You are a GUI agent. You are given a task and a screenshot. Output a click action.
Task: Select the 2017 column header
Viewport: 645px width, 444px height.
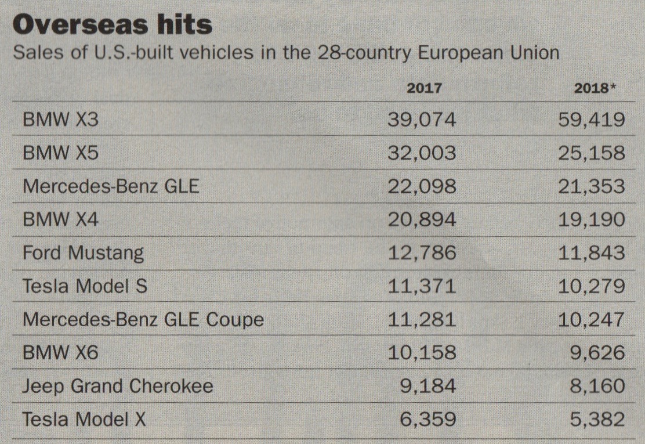click(x=424, y=88)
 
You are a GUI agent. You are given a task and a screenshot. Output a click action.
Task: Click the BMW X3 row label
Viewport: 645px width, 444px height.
click(x=60, y=120)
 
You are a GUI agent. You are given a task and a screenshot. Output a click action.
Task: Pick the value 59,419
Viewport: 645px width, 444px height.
click(x=591, y=120)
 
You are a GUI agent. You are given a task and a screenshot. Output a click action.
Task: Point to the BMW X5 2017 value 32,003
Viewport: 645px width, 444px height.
click(x=422, y=153)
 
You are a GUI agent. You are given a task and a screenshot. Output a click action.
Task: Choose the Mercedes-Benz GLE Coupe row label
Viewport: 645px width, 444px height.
click(x=143, y=319)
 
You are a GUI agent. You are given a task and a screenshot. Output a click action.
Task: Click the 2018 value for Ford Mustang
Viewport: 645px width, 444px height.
click(x=591, y=253)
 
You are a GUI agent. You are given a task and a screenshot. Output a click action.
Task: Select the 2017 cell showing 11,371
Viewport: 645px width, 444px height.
click(x=422, y=286)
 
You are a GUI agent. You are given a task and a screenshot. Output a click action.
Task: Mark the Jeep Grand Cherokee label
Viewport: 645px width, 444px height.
click(x=117, y=386)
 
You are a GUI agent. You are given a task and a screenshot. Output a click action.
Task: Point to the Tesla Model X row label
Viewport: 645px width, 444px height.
click(x=84, y=419)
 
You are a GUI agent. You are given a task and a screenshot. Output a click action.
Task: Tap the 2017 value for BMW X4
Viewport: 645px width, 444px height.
click(x=422, y=219)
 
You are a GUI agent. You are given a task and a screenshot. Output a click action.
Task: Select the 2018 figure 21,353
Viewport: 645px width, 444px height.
click(x=591, y=186)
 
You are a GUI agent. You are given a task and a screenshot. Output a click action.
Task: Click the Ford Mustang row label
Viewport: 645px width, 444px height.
click(x=83, y=253)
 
